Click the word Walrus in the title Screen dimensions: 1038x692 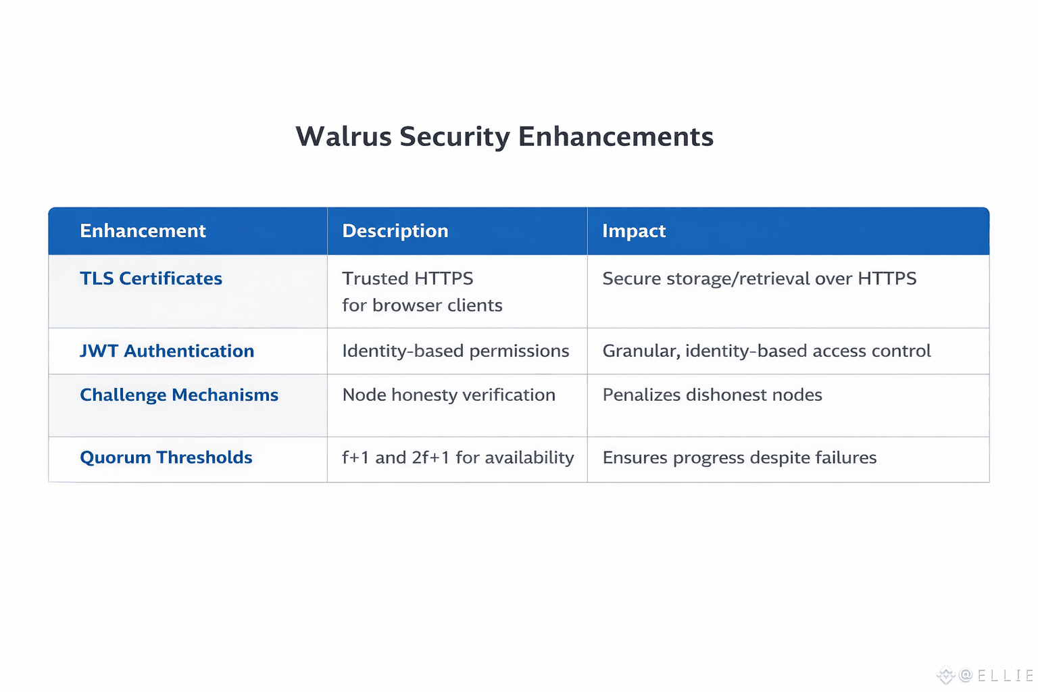343,137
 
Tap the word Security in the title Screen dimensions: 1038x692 455,137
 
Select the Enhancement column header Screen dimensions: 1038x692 143,231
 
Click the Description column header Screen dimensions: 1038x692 395,231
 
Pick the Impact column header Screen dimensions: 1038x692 634,231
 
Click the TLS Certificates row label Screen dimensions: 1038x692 151,278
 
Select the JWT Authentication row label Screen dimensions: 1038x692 167,351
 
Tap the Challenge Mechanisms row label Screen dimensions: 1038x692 179,395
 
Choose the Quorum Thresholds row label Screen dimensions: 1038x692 166,458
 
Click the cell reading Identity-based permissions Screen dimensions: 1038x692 455,351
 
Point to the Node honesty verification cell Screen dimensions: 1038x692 449,395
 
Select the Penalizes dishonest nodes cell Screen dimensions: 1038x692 712,395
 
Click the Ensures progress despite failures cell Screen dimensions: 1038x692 739,458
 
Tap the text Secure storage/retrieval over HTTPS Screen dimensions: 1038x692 760,278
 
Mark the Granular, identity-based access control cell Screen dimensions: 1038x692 766,351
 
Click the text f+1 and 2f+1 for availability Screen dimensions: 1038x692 458,458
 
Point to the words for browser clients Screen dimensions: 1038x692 422,305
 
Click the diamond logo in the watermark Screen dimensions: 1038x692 946,674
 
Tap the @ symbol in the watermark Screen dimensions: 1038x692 966,675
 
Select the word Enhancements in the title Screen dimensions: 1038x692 616,137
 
